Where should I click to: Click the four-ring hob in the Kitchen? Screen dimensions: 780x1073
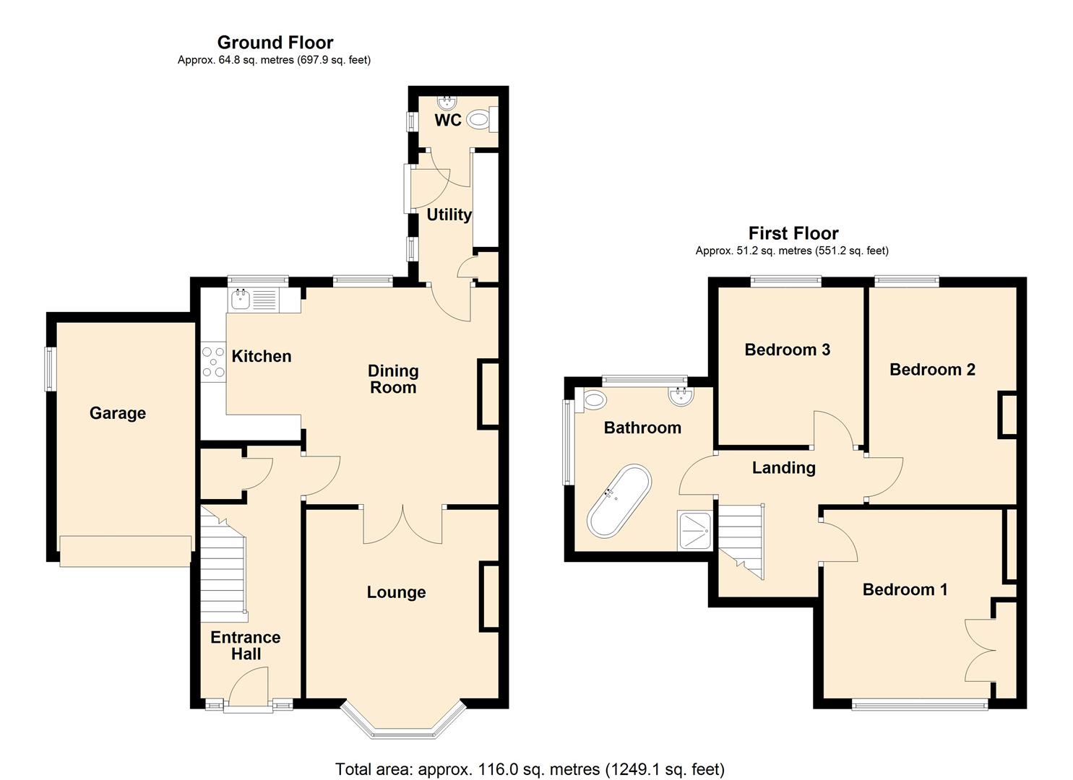click(213, 362)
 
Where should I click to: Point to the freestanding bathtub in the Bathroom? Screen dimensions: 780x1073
click(619, 500)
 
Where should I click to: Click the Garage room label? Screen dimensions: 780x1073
click(118, 413)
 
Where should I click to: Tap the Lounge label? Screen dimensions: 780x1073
click(396, 592)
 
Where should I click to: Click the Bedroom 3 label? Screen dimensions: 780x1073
click(787, 350)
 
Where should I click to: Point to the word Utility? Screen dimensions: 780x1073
click(449, 214)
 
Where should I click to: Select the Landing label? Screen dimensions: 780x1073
click(783, 468)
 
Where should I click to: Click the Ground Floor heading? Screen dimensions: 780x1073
click(275, 43)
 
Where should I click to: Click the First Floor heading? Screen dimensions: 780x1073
click(793, 233)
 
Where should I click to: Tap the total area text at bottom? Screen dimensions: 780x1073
click(530, 768)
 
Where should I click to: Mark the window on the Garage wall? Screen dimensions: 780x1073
click(50, 369)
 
